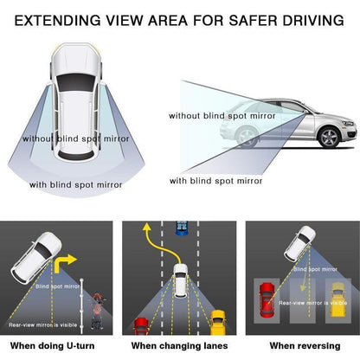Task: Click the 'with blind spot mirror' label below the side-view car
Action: click(x=215, y=181)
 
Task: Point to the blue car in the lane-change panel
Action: click(x=180, y=227)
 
